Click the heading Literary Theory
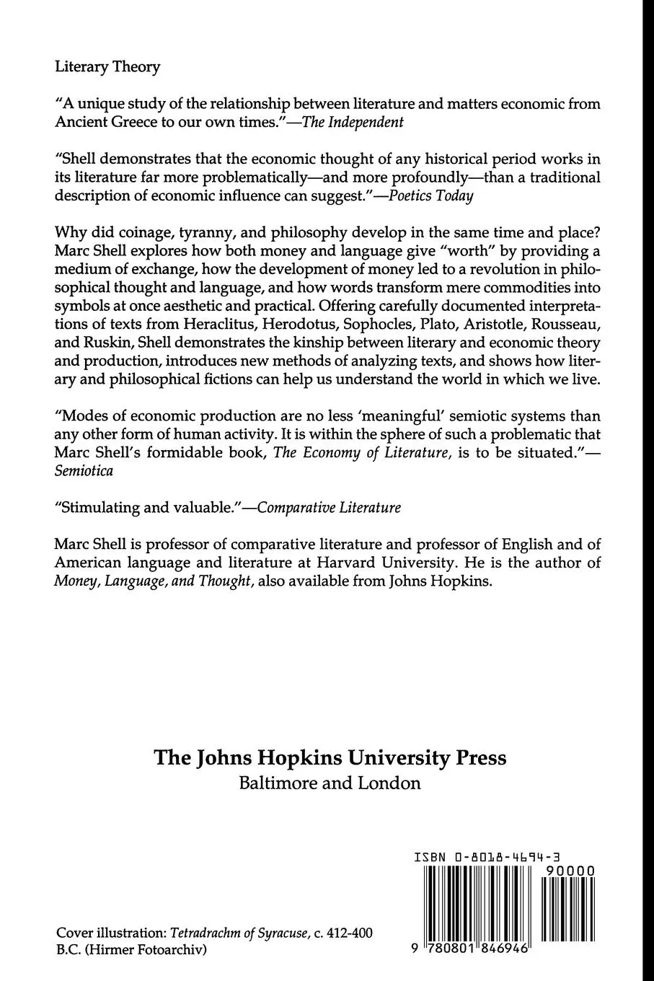coord(107,67)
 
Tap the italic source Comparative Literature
coord(329,507)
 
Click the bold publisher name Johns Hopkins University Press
coord(330,758)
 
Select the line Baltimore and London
coord(330,783)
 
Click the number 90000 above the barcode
coord(570,871)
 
